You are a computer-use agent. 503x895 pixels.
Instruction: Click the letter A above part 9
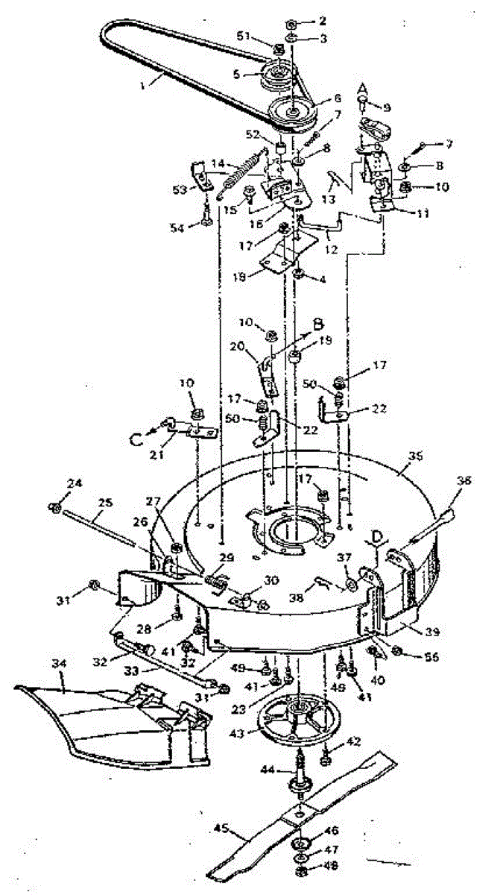pos(363,89)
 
